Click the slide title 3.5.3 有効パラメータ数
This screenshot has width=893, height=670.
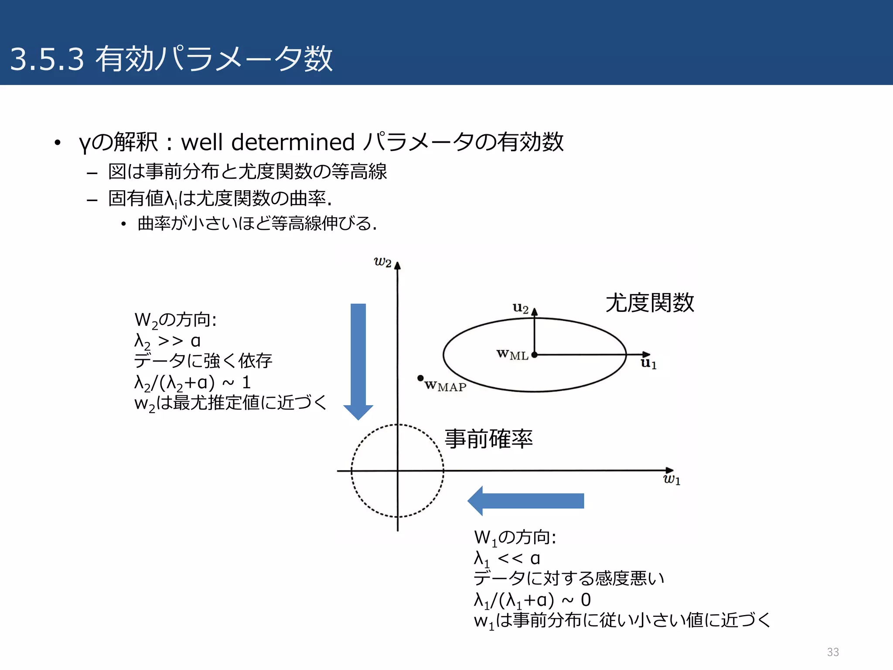[171, 58]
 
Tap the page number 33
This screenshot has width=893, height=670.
[832, 652]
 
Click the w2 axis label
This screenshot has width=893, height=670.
[382, 262]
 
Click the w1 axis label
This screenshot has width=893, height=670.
[671, 480]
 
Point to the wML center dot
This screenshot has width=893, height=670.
[535, 355]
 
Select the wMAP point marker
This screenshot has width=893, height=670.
[420, 378]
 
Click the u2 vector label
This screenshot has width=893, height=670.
[520, 308]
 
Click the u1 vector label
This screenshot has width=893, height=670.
[648, 363]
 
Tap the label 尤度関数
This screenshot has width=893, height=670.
[649, 303]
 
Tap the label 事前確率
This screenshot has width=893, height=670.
[488, 439]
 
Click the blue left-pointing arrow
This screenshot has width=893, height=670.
[525, 501]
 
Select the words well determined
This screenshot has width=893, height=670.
[267, 142]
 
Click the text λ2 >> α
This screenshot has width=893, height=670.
[167, 341]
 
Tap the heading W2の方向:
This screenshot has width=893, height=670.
[175, 320]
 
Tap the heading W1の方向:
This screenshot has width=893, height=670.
[515, 537]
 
